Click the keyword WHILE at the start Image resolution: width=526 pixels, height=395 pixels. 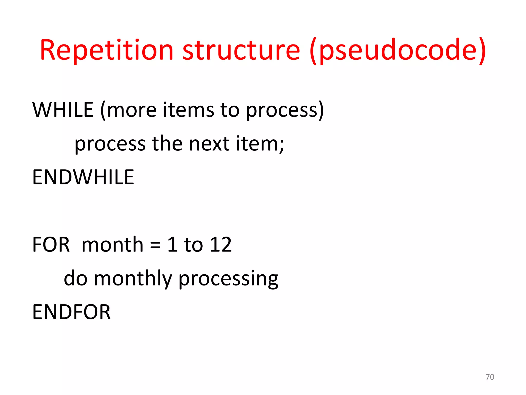(63, 110)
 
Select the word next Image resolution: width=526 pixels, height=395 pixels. (209, 143)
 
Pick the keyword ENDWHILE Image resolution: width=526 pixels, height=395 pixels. (83, 177)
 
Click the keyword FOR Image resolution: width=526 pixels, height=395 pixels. (51, 245)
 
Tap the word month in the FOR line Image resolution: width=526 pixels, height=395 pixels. (112, 245)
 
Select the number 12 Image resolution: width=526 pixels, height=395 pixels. (221, 245)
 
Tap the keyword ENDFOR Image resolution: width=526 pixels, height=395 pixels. (71, 312)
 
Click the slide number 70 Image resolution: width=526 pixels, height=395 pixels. (490, 377)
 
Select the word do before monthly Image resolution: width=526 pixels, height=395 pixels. (76, 279)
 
